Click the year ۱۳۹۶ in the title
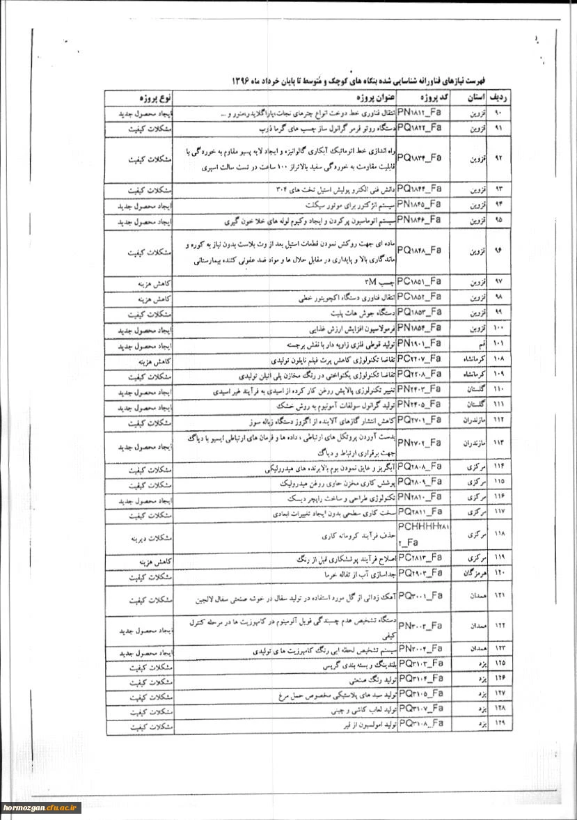242,81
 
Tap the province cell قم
470,344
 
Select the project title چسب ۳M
379,281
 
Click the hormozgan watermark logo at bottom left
42,807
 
